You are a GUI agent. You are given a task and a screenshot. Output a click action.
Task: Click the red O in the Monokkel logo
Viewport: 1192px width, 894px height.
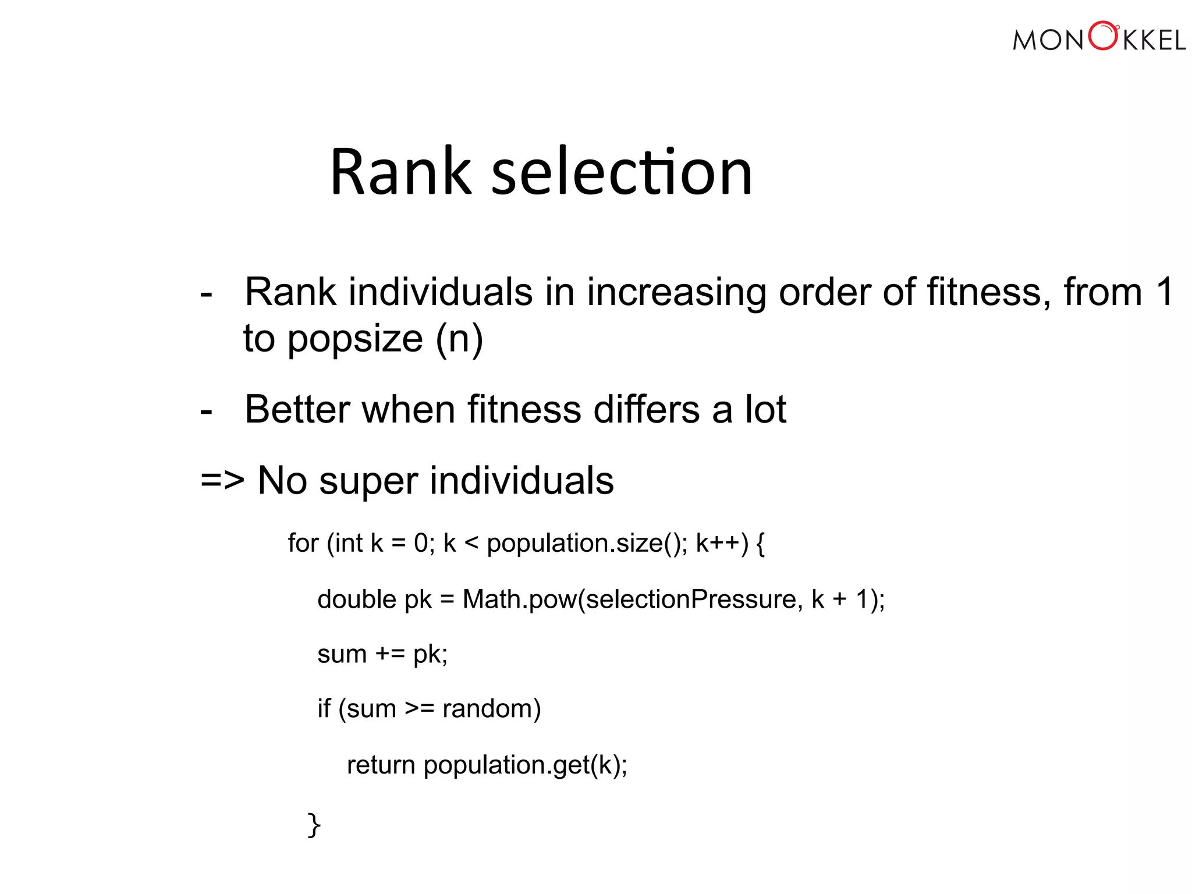pyautogui.click(x=1102, y=37)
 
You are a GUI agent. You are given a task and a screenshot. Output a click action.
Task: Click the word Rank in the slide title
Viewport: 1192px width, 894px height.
pyautogui.click(x=400, y=172)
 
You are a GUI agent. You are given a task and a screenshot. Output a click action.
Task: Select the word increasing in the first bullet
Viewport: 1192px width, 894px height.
pyautogui.click(x=676, y=293)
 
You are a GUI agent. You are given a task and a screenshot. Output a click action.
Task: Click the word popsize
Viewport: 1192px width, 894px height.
pyautogui.click(x=355, y=340)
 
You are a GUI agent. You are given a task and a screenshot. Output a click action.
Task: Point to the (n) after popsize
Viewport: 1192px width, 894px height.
pyautogui.click(x=459, y=340)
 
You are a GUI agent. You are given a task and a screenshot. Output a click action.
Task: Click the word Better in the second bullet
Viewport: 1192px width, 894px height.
pyautogui.click(x=297, y=409)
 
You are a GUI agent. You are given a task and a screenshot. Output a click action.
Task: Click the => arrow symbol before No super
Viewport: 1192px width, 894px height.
pyautogui.click(x=222, y=481)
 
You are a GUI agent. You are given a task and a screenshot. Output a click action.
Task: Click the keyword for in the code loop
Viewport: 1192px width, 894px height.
pyautogui.click(x=303, y=543)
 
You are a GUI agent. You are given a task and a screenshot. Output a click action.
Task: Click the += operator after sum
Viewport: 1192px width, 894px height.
pyautogui.click(x=390, y=654)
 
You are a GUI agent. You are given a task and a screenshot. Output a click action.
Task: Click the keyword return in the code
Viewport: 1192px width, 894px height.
pyautogui.click(x=381, y=765)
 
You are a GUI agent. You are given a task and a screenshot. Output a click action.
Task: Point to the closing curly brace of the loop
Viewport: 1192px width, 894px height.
pyautogui.click(x=314, y=825)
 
